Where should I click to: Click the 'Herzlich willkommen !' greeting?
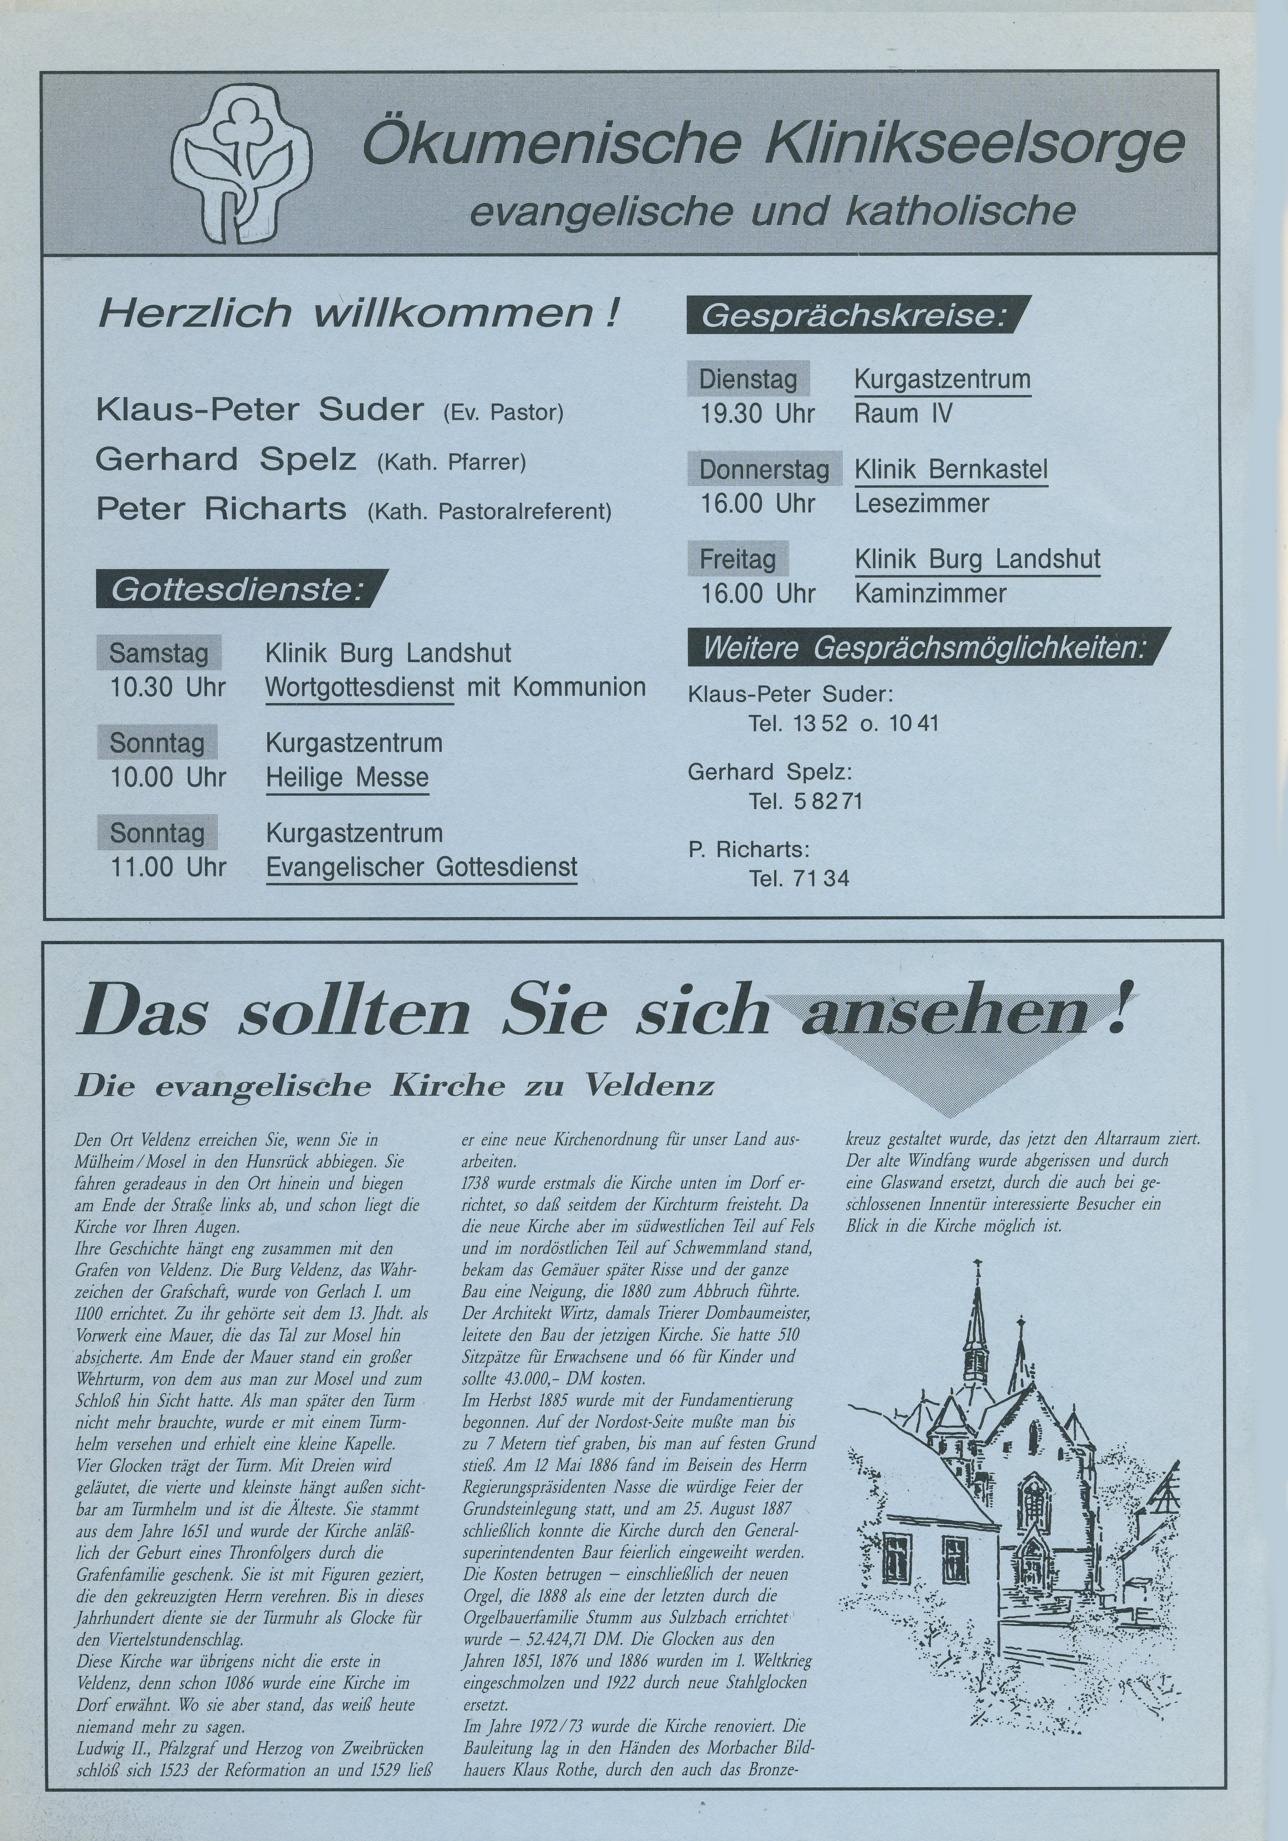point(358,313)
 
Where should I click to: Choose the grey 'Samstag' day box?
point(159,653)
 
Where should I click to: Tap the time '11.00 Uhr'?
point(168,867)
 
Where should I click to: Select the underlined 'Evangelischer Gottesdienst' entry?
point(422,867)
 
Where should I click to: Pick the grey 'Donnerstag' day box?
point(764,469)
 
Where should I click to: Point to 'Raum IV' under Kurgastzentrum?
point(904,414)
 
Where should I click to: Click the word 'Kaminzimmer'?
point(930,594)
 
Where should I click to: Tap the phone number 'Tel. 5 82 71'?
point(806,801)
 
